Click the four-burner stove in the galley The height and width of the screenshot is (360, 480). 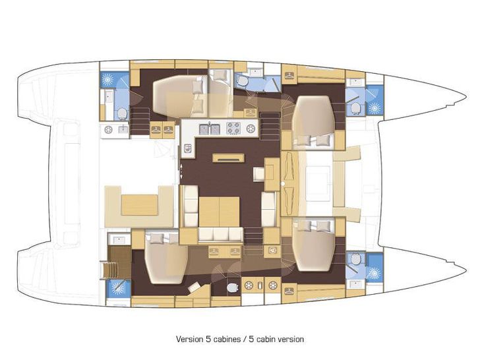(235, 127)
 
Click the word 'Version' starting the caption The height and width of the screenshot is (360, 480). (190, 339)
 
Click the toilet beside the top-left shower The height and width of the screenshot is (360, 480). (122, 114)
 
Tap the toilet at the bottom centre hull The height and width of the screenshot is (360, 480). (231, 287)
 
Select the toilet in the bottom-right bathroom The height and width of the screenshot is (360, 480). (355, 259)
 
